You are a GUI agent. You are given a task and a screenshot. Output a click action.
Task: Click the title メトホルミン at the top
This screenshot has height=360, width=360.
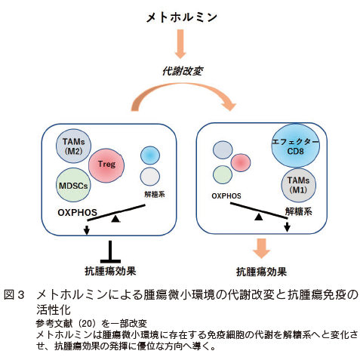(181, 17)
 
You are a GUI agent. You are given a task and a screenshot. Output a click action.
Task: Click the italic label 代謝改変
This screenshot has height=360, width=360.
(182, 71)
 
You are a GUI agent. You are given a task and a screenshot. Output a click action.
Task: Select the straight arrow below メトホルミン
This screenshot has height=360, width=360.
(180, 44)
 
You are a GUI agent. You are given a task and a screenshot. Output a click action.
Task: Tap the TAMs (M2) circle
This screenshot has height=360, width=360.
(73, 146)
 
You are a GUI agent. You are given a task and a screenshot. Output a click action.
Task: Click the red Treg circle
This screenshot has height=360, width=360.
(106, 165)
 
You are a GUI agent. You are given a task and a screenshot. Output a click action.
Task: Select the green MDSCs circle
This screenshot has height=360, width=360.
(73, 186)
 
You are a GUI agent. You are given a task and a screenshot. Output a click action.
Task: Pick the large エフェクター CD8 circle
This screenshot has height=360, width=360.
(295, 146)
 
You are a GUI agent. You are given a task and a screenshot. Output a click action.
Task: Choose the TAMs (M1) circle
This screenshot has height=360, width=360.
(298, 185)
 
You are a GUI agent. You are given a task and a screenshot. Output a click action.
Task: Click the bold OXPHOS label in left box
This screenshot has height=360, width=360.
(77, 213)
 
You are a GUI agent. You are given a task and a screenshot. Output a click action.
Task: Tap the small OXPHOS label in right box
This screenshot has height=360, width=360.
(226, 195)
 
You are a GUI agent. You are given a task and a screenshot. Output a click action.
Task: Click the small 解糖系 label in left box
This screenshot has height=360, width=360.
(155, 195)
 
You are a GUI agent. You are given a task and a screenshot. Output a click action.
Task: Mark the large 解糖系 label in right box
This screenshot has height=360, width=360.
(299, 211)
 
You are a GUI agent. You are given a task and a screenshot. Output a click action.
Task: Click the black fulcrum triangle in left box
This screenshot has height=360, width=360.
(115, 219)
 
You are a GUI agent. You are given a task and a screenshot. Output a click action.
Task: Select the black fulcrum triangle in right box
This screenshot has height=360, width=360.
(259, 217)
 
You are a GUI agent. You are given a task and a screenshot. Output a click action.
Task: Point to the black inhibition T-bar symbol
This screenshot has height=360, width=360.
(110, 251)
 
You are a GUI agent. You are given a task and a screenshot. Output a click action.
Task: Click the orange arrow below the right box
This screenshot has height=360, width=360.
(262, 248)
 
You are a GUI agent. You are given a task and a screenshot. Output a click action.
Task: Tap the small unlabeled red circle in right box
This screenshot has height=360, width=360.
(241, 162)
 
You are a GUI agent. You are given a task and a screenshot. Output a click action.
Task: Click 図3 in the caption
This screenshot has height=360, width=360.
(14, 295)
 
